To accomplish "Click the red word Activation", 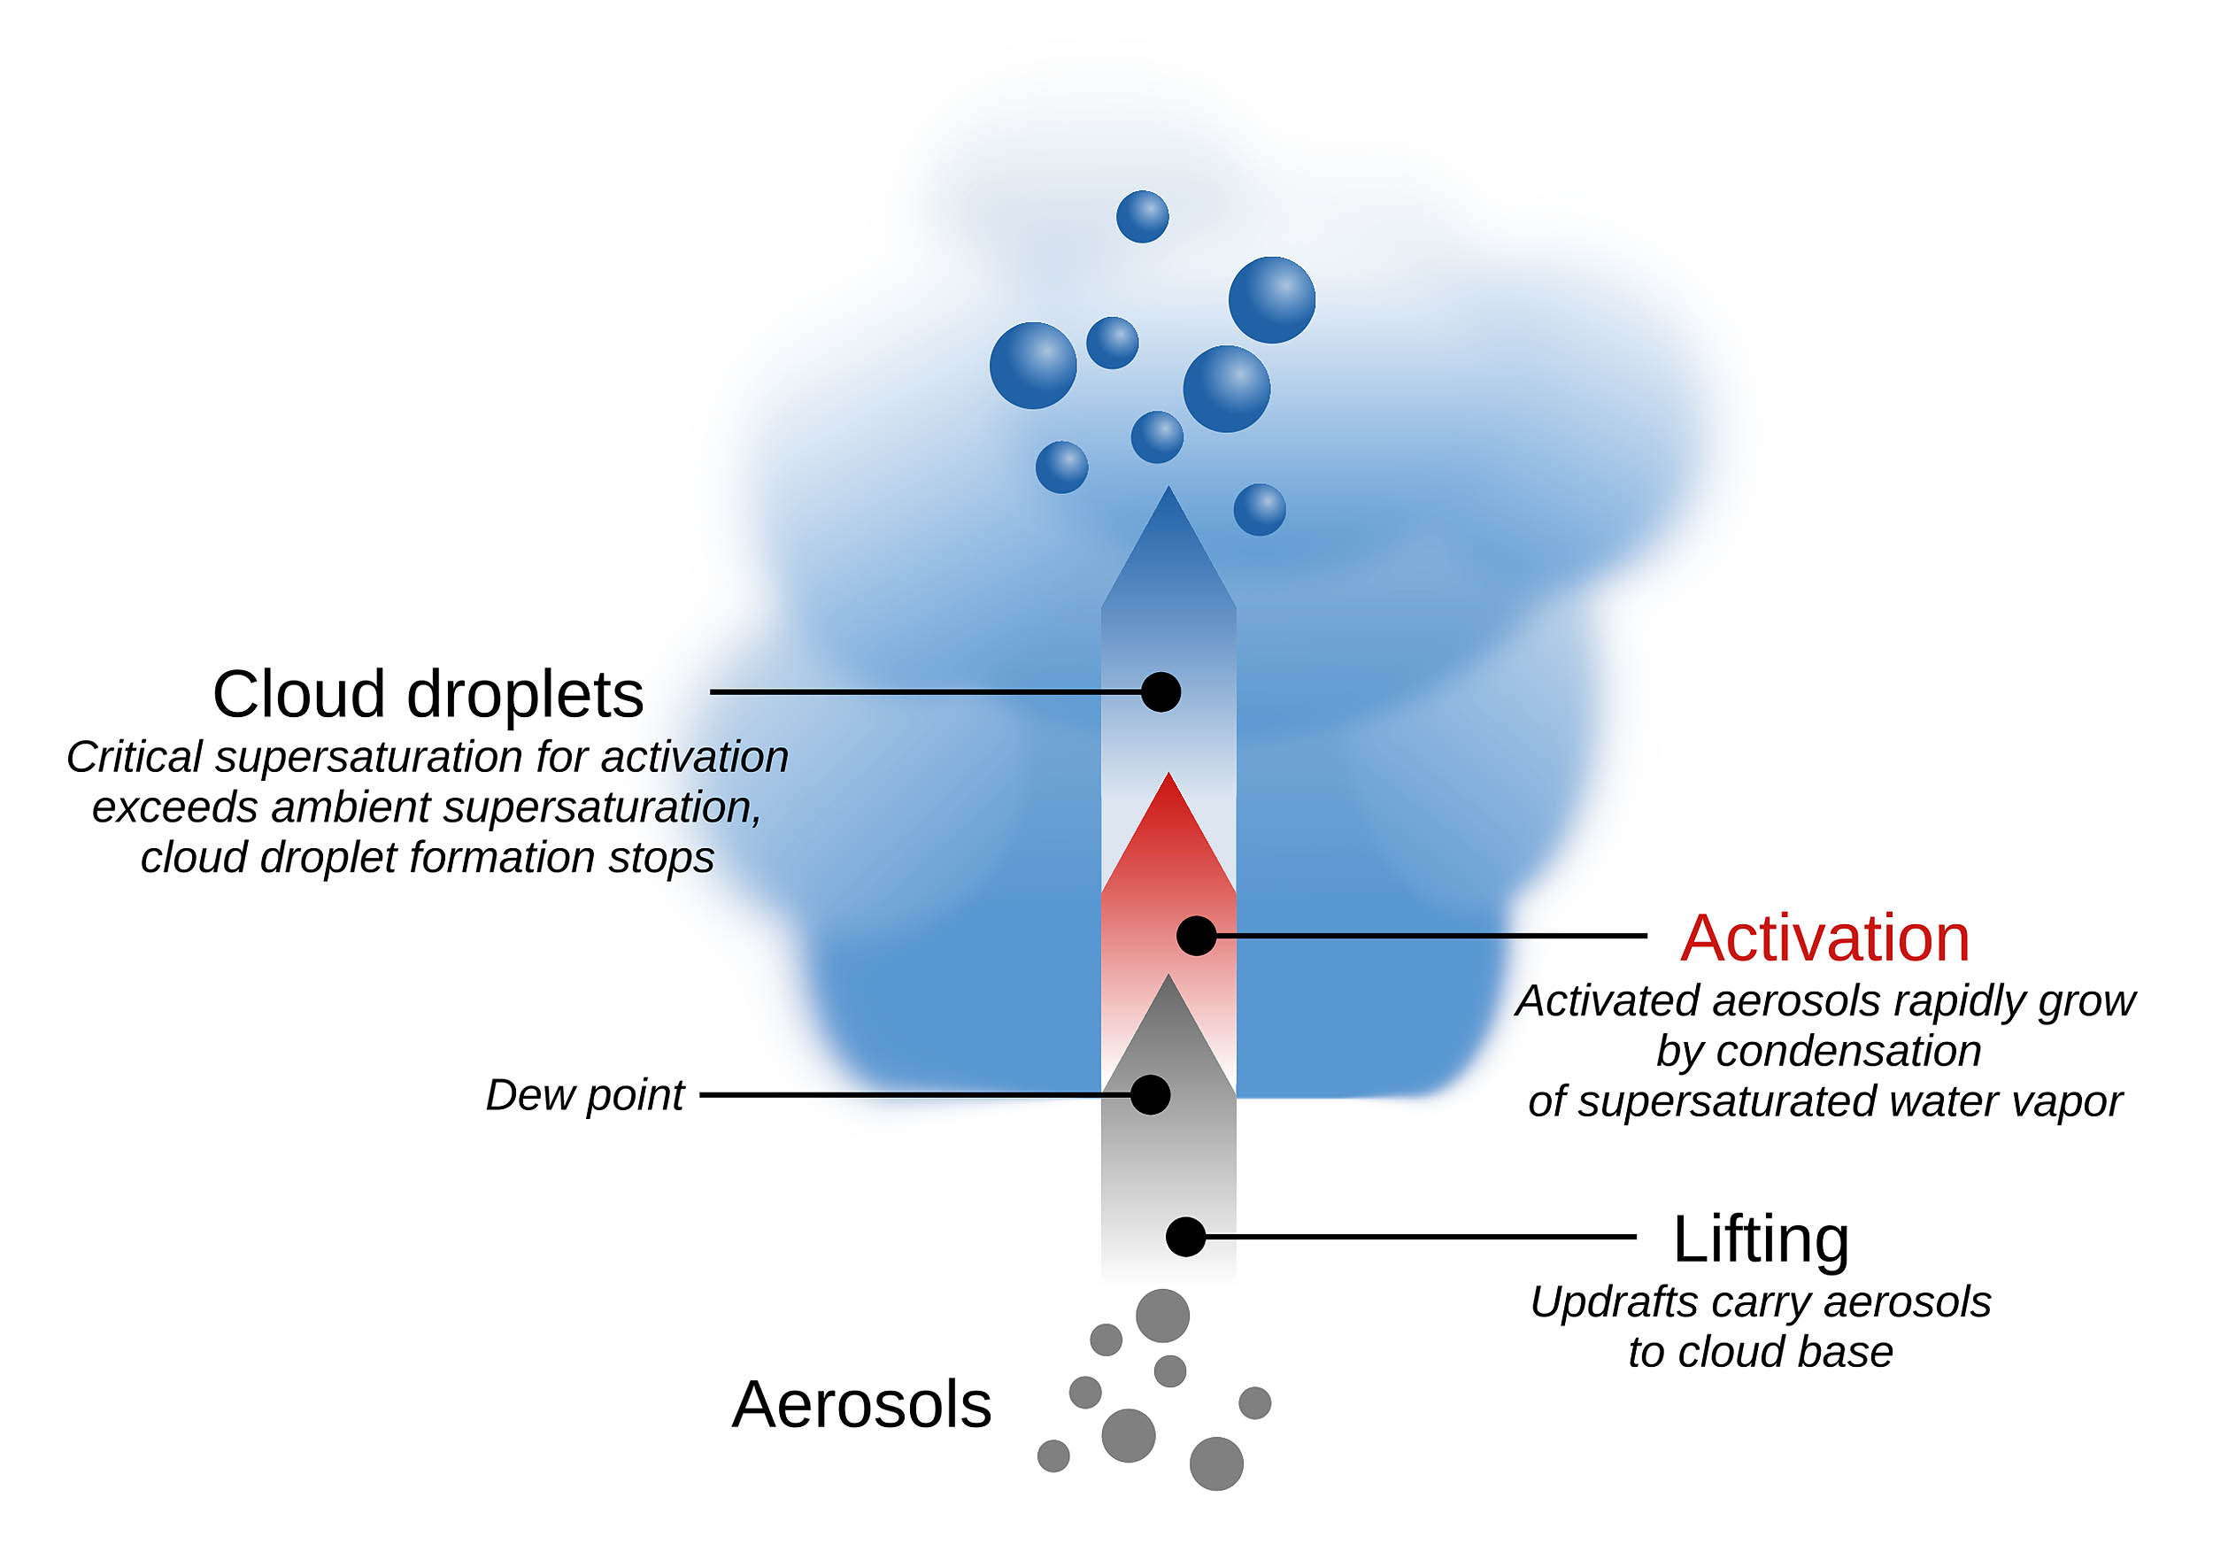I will pos(1824,938).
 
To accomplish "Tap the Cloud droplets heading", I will pos(428,694).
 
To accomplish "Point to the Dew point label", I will pos(584,1095).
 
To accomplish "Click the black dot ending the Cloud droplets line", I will pos(1160,691).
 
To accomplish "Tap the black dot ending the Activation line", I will pos(1196,936).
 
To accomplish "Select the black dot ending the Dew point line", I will pos(1150,1095).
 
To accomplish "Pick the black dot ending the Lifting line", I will pos(1185,1237).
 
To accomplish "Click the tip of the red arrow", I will pos(1168,776).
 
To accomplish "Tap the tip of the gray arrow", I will pos(1168,977).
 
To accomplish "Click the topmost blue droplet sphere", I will pos(1142,216).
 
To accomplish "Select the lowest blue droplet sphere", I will pos(1259,509).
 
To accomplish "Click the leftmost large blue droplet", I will pos(1032,366).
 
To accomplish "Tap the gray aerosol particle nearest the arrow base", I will pos(1162,1316).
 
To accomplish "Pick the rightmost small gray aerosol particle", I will pos(1254,1403).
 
